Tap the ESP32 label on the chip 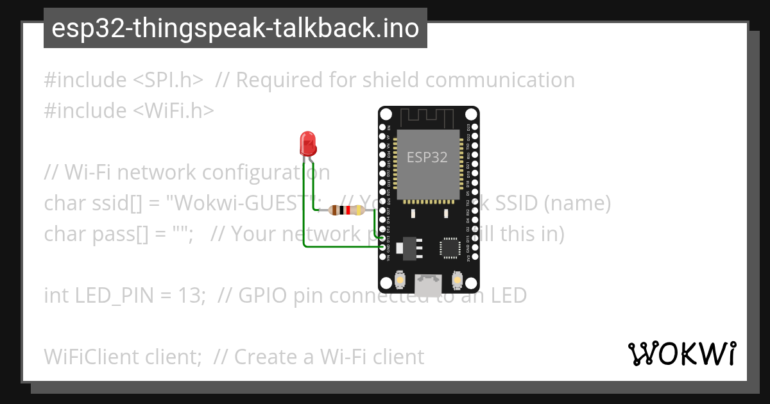pos(427,156)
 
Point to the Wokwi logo pos(681,353)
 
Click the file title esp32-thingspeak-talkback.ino pos(235,28)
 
